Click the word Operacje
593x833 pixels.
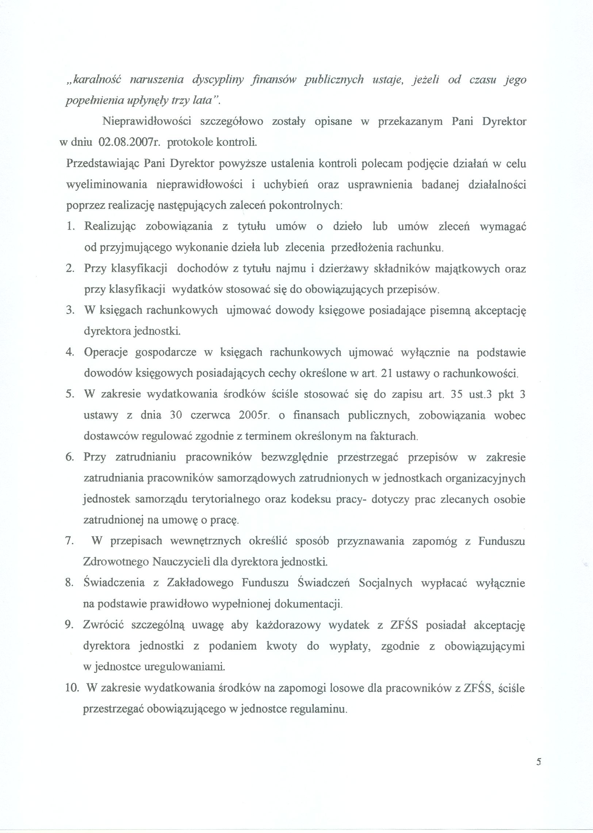pos(106,352)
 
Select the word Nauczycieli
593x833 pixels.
pos(187,561)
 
